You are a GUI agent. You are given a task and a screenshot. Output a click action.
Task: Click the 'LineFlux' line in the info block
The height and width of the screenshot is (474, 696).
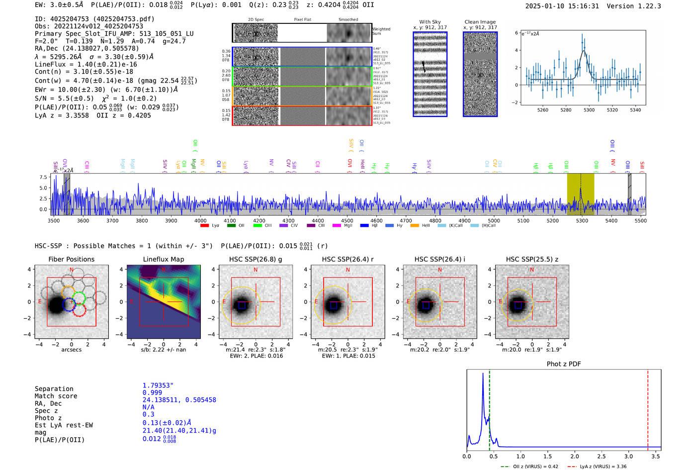coord(86,64)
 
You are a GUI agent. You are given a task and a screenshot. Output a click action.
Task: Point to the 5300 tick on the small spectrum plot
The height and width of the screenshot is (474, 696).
coord(589,110)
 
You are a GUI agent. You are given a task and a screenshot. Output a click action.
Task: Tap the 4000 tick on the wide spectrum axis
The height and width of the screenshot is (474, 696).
coord(200,220)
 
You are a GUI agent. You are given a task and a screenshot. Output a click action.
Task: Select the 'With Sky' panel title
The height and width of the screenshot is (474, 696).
coord(430,22)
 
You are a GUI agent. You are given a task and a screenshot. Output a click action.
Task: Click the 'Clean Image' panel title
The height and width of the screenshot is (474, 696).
coord(480,22)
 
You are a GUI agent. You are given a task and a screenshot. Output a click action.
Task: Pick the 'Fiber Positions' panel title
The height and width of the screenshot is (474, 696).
coord(71,259)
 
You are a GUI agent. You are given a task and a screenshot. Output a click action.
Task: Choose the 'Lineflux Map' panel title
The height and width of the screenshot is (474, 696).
coord(164,259)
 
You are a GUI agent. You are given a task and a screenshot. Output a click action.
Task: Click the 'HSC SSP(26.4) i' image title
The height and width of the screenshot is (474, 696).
coord(440,259)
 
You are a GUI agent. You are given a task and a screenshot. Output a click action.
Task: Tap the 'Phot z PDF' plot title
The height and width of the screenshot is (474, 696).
coord(564,364)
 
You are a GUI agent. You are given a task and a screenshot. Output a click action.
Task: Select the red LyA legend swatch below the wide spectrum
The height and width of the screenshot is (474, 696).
coord(204,226)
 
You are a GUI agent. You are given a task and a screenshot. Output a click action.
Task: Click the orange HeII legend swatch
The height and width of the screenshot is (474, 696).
coord(415,226)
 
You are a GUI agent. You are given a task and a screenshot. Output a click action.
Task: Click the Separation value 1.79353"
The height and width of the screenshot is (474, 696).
coord(158,385)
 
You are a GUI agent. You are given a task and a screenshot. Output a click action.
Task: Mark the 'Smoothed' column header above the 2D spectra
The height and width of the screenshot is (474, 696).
coord(348,19)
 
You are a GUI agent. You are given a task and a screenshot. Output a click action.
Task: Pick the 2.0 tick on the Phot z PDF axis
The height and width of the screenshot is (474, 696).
coord(575,456)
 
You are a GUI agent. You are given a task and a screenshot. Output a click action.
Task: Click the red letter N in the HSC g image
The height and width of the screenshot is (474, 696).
coord(256,270)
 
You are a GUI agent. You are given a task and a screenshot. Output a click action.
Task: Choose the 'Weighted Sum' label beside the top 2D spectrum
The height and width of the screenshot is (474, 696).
coord(381,31)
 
